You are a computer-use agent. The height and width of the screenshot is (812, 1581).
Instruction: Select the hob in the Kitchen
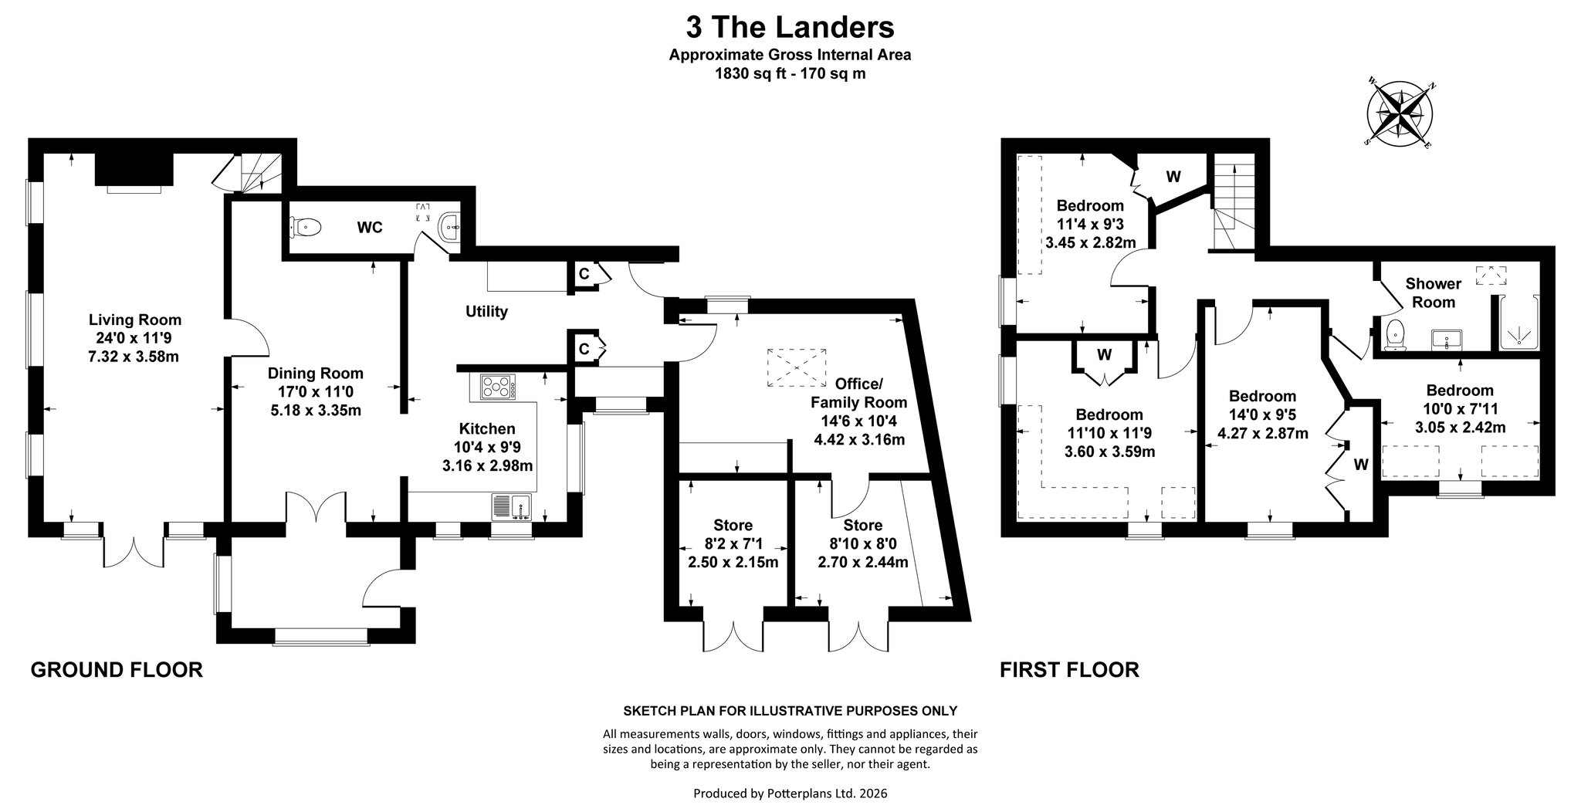498,386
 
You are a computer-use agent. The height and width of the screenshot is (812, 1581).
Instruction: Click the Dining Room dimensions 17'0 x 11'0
315,392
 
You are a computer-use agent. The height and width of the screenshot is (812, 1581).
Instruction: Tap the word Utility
487,312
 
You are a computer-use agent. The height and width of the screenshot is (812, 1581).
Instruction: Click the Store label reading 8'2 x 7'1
733,544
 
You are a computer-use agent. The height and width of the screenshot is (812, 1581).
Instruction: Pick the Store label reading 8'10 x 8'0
862,544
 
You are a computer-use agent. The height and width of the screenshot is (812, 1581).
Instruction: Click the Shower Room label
1434,293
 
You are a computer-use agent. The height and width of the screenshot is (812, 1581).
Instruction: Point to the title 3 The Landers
790,28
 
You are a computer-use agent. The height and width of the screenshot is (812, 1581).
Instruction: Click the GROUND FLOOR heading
117,669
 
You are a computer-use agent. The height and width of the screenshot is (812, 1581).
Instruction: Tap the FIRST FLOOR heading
1070,669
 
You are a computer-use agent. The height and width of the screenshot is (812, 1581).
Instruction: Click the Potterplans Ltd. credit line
790,793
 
